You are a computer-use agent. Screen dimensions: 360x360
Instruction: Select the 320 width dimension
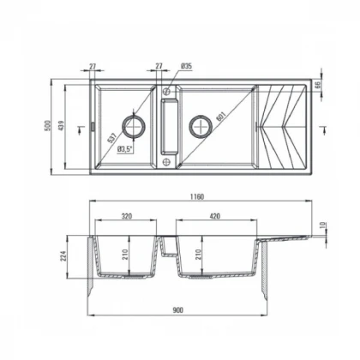pyautogui.click(x=126, y=218)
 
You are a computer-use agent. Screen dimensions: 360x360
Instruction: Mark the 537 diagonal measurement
pyautogui.click(x=113, y=140)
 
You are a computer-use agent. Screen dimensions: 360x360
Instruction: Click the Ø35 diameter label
pyautogui.click(x=187, y=66)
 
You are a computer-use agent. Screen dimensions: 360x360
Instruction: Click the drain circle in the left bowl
pyautogui.click(x=135, y=126)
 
